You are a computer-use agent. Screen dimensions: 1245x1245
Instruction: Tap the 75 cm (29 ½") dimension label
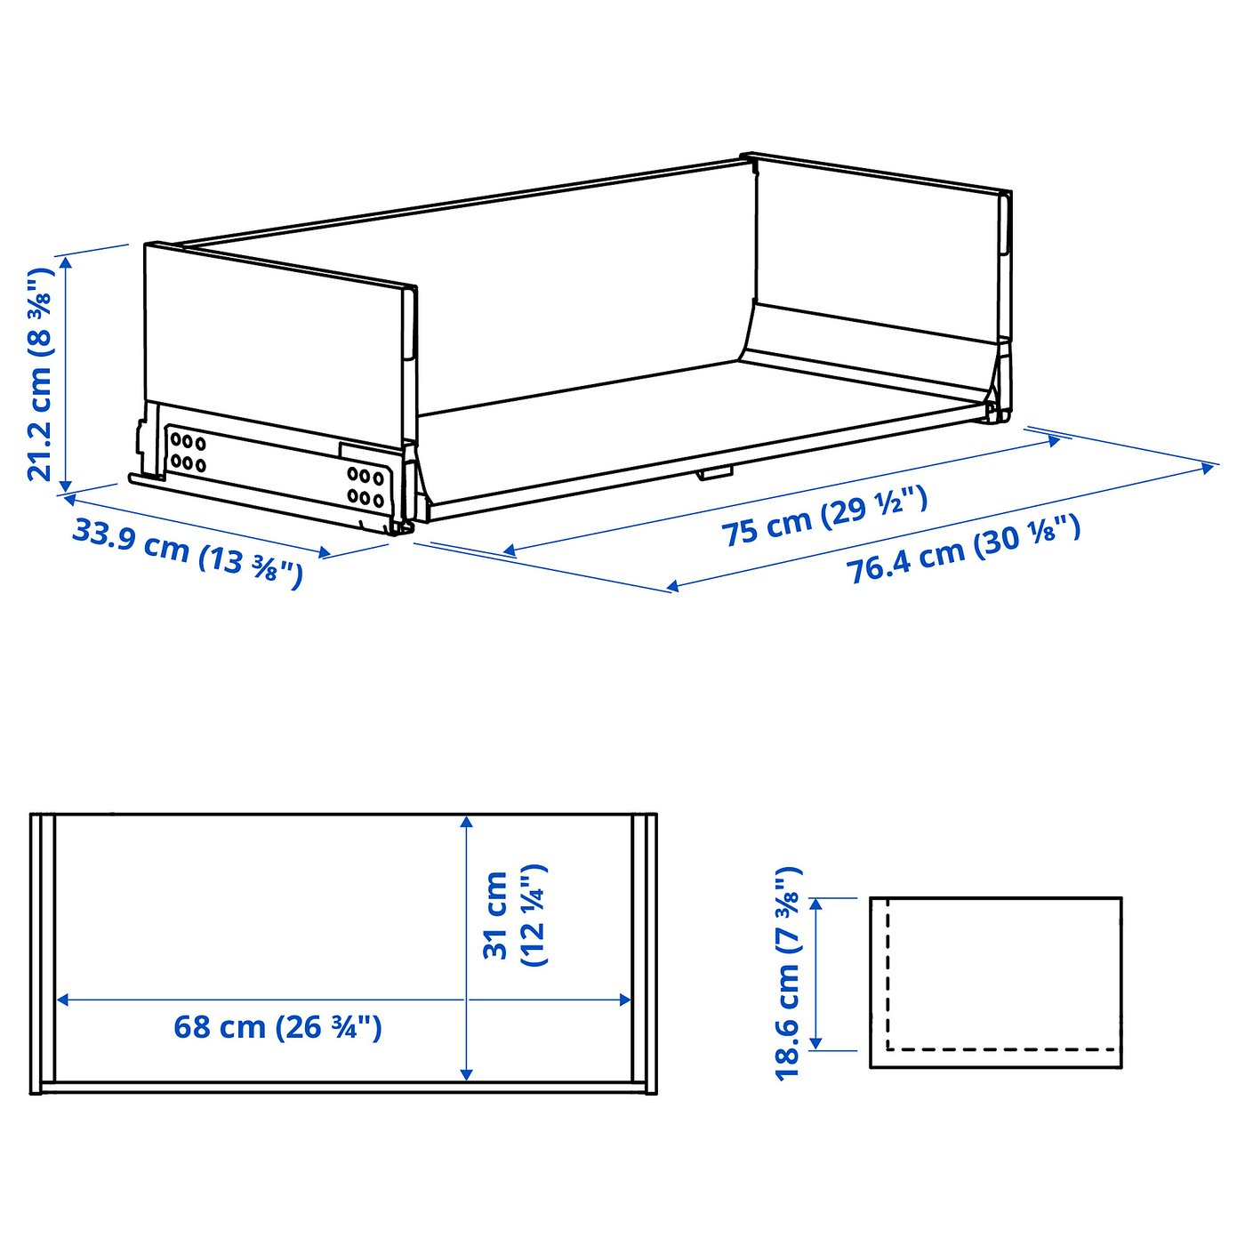(x=824, y=517)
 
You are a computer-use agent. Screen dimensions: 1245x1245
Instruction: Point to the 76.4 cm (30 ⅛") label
(x=963, y=549)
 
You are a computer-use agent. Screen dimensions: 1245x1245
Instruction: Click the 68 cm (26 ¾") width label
(x=277, y=1027)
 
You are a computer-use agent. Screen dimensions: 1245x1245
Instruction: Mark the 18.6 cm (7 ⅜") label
(x=789, y=973)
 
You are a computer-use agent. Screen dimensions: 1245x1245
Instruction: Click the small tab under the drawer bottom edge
(x=714, y=472)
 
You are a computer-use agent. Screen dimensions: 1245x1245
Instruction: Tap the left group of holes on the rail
(x=188, y=452)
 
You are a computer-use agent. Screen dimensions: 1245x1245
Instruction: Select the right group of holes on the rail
(x=365, y=487)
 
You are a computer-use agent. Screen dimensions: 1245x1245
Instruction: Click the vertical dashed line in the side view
(x=888, y=974)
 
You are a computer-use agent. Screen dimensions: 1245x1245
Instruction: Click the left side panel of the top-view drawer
(x=43, y=952)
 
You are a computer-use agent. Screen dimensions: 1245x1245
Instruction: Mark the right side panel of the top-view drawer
(x=644, y=952)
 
